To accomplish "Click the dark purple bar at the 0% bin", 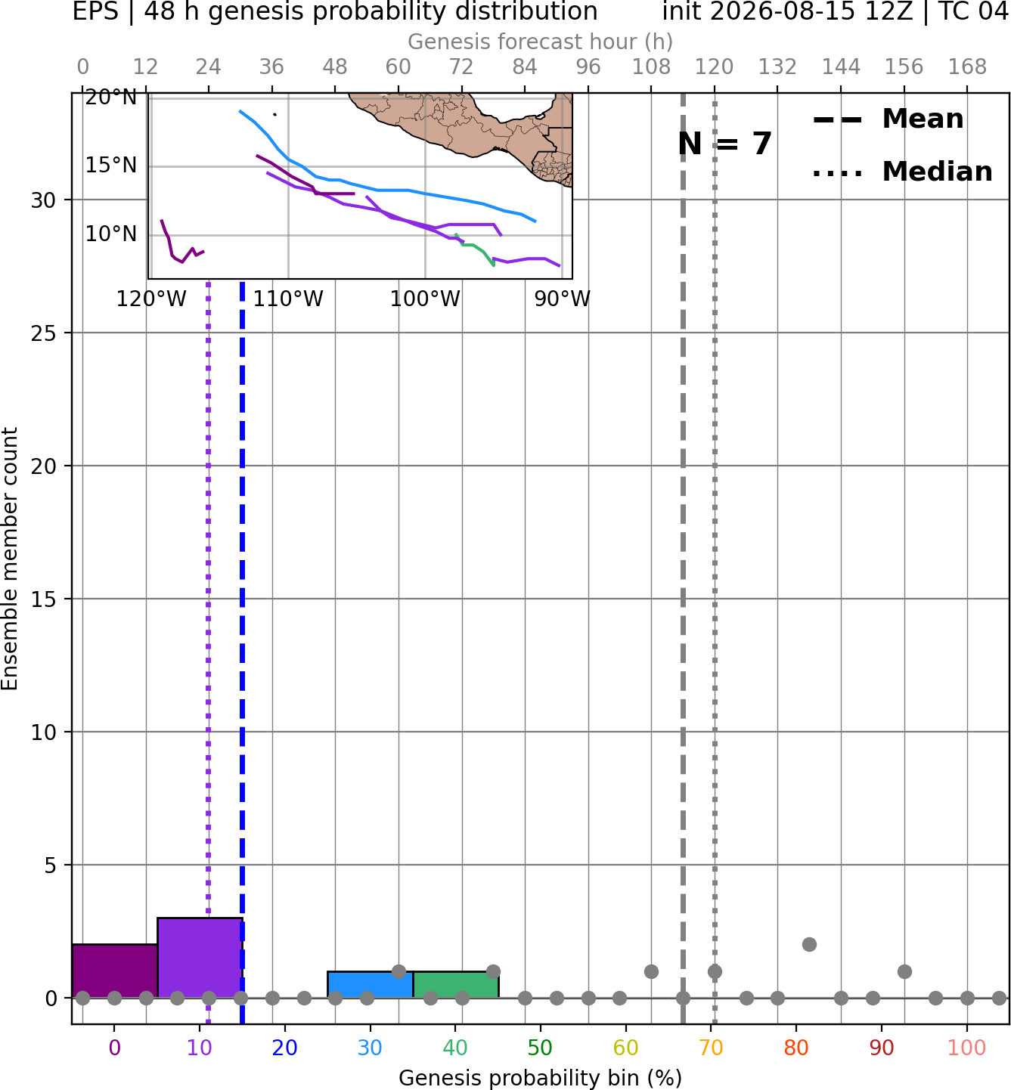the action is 115,971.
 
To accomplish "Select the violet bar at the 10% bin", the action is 200,958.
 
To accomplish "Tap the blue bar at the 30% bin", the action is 370,985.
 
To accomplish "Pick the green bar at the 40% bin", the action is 456,985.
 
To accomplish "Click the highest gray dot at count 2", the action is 809,945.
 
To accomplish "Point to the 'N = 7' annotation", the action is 725,144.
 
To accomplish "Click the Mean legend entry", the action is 888,119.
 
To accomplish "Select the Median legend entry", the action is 902,172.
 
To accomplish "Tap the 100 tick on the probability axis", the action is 967,1048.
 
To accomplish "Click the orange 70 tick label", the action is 711,1048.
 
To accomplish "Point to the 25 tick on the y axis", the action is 44,333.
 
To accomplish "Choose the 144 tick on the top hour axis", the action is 841,67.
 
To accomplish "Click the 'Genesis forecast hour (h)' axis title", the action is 541,42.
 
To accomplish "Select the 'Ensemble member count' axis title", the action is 10,559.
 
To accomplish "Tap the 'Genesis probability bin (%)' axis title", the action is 541,1078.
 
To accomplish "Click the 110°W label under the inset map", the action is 288,299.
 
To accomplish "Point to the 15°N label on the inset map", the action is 111,166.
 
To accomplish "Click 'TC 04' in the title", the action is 975,11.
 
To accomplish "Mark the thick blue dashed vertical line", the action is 242,652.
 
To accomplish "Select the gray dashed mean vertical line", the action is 683,558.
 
